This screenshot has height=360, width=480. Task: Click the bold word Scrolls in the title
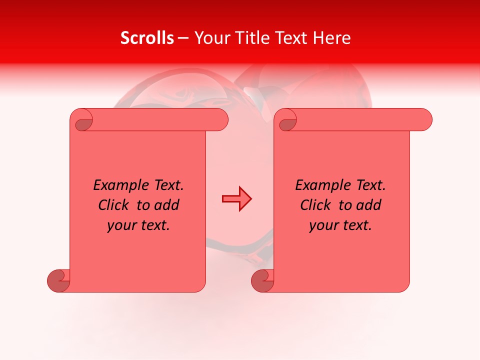point(147,38)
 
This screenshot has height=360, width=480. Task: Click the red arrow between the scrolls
point(236,198)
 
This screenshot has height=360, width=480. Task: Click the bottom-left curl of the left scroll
point(59,280)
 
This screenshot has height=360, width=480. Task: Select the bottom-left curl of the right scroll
point(263,280)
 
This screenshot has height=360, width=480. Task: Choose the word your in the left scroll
point(120,225)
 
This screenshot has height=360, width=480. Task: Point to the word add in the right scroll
point(369,205)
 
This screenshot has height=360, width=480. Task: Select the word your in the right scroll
point(322,225)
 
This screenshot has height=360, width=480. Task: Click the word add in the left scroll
point(167,205)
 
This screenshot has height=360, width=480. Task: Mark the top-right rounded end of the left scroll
point(219,120)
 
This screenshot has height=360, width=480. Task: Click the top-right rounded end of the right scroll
point(423,120)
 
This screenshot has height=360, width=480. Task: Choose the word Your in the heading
point(210,38)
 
